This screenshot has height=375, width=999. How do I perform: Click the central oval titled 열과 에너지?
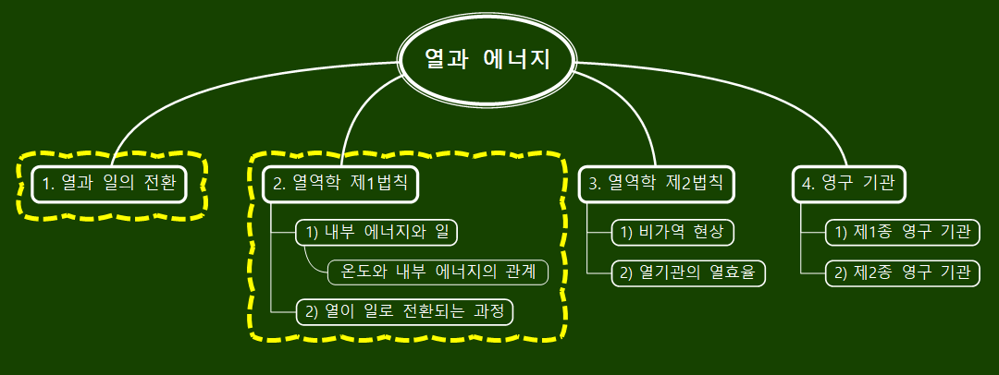[x=487, y=61]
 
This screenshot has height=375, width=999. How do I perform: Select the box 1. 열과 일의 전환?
[x=110, y=183]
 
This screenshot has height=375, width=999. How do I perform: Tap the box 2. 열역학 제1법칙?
[x=340, y=183]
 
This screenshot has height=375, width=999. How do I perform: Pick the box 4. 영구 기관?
[x=848, y=183]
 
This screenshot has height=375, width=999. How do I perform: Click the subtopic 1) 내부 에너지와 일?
[x=376, y=232]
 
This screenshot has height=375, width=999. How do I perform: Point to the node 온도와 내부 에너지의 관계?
[x=438, y=272]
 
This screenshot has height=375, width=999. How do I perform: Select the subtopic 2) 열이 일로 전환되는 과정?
[x=404, y=311]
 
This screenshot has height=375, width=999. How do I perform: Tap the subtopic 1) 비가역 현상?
[x=672, y=232]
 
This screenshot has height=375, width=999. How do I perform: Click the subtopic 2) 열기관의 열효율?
[x=689, y=272]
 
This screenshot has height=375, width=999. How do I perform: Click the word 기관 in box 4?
[x=877, y=183]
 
